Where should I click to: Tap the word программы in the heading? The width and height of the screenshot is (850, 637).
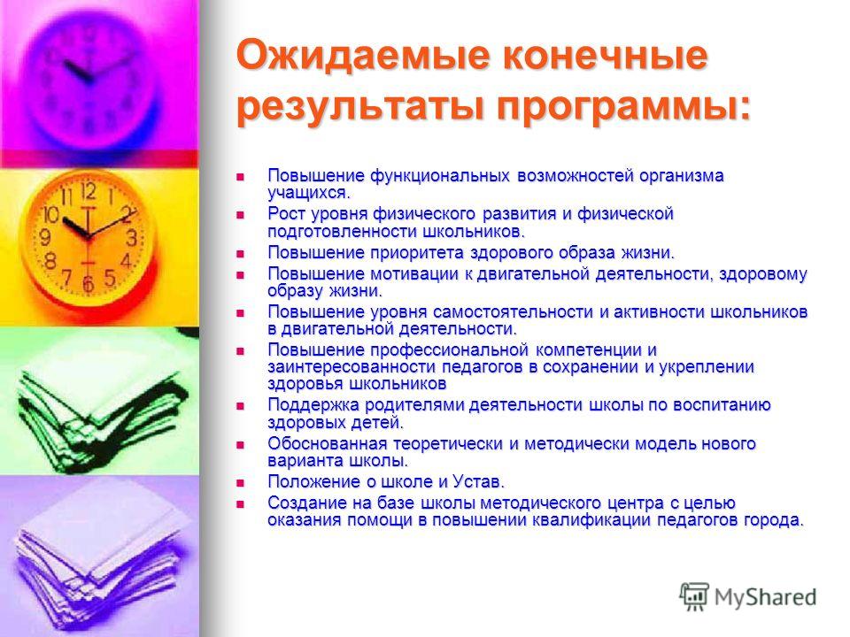point(623,106)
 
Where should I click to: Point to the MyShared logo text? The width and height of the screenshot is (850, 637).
point(765,597)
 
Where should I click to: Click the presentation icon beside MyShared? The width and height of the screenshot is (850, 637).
point(694,596)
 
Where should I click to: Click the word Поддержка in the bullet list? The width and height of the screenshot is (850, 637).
point(313,405)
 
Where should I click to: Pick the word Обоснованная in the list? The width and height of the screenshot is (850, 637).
point(328,443)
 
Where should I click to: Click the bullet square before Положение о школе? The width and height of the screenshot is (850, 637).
point(240,483)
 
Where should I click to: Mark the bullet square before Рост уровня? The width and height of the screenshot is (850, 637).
point(240,215)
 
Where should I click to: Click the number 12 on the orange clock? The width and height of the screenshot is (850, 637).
point(89,191)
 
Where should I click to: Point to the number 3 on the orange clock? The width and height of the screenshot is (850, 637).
point(132,238)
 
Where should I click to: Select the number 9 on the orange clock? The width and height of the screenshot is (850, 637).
point(45,236)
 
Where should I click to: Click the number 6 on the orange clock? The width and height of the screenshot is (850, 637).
point(88,283)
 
